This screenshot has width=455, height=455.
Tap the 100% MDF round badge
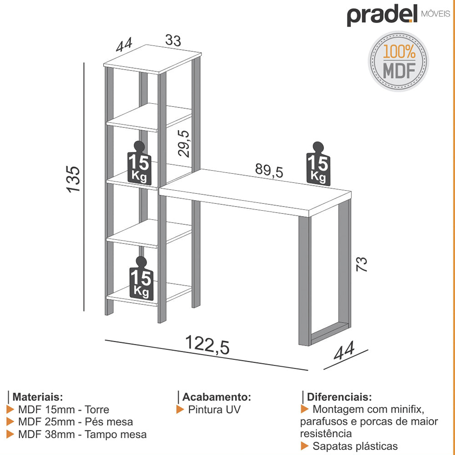(x=399, y=61)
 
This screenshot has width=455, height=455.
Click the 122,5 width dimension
(x=207, y=345)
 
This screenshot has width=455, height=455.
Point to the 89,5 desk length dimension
(x=269, y=170)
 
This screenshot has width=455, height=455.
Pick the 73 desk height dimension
(x=362, y=264)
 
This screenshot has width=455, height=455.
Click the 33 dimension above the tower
(x=173, y=40)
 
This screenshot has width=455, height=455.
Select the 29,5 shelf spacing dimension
(x=184, y=143)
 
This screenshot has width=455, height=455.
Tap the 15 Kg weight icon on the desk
(x=318, y=164)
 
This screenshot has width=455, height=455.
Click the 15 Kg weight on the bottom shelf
(x=142, y=278)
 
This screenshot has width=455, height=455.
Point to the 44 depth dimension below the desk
(x=344, y=350)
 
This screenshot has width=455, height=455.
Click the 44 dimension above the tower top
(x=124, y=45)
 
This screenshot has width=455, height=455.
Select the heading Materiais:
(x=37, y=397)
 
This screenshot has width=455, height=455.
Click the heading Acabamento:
(x=217, y=397)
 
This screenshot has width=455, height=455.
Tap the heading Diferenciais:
(x=339, y=397)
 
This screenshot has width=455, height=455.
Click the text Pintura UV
(x=214, y=409)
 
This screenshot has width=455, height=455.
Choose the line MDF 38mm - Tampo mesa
(x=82, y=435)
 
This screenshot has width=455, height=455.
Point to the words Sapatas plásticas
(x=355, y=446)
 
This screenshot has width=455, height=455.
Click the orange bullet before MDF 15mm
(x=10, y=409)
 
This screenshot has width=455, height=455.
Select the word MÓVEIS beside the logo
(x=435, y=14)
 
